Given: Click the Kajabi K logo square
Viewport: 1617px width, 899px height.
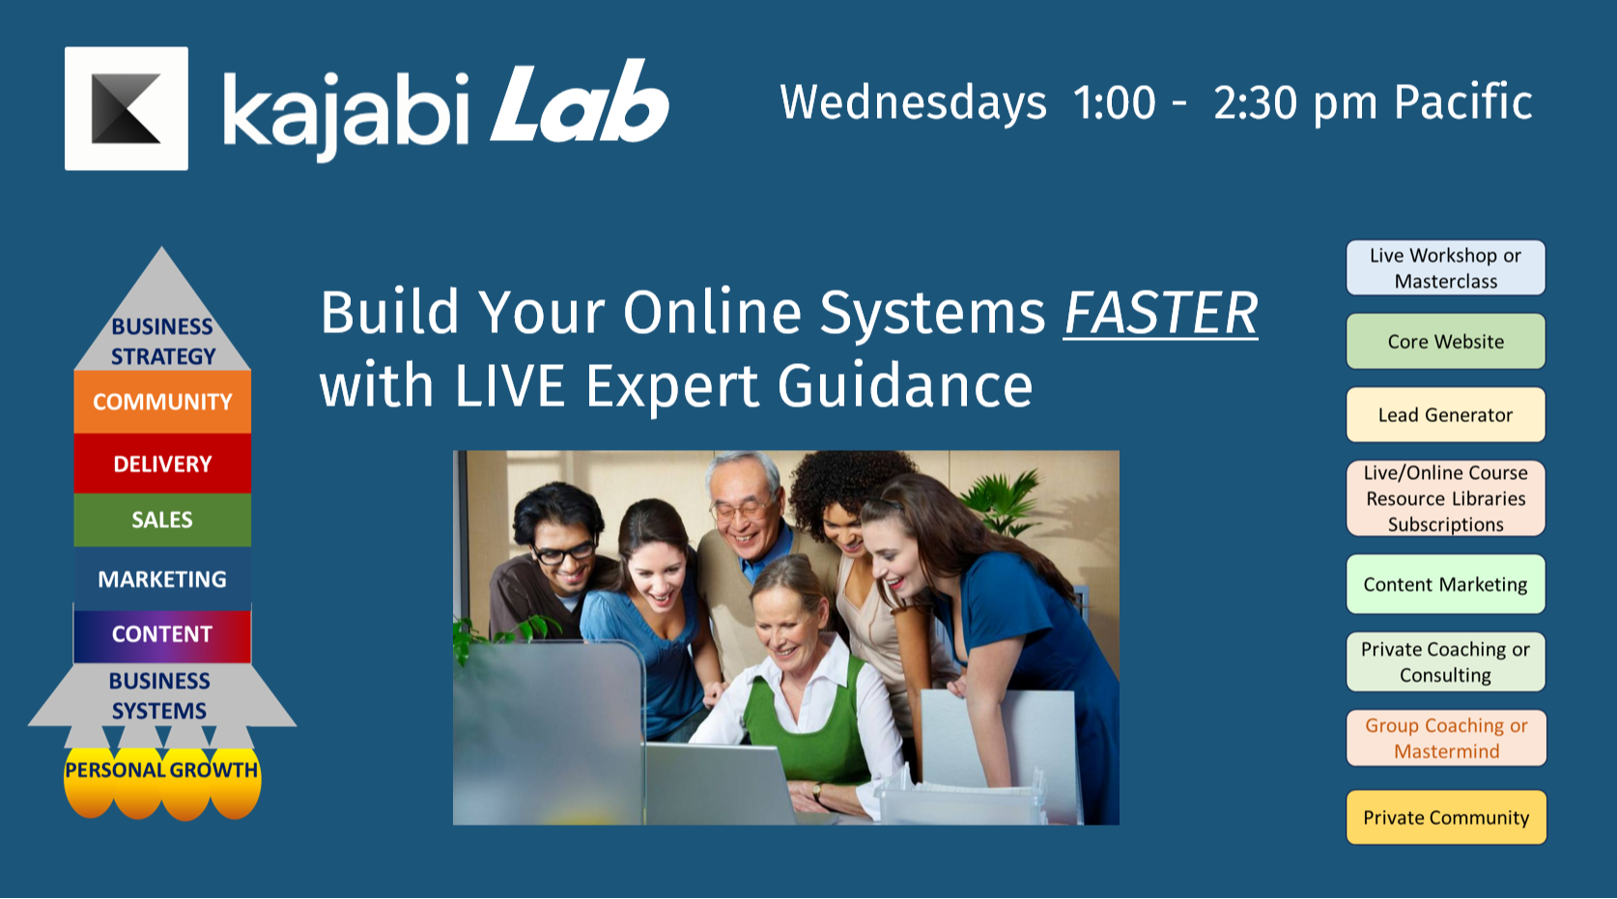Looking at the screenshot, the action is point(127,108).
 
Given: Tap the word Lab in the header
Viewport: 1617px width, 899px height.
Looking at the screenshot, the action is point(580,103).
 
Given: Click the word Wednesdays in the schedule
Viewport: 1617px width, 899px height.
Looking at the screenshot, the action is point(913,103).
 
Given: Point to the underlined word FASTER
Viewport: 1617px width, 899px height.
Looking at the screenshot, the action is point(1161,313).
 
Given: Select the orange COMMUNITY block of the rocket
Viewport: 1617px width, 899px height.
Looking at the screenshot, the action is point(162,402).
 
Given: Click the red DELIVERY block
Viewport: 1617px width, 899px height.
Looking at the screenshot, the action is point(162,464).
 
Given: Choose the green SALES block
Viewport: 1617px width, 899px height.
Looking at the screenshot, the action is point(162,520).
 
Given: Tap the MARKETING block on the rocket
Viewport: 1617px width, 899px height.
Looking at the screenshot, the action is point(162,578).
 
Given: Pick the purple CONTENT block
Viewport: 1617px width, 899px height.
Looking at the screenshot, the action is point(162,635).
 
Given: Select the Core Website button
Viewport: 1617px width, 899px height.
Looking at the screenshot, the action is point(1446,341).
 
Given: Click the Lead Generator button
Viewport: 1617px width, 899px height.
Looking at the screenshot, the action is point(1446,415).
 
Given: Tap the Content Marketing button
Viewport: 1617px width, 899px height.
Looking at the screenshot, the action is point(1446,584).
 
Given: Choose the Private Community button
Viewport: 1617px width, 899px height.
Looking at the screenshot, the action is point(1446,818).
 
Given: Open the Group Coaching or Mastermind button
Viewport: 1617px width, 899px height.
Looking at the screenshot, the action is point(1446,738).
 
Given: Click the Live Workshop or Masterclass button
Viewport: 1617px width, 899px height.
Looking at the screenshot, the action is point(1446,267).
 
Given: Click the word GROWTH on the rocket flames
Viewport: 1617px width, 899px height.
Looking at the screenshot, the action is point(213,770).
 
